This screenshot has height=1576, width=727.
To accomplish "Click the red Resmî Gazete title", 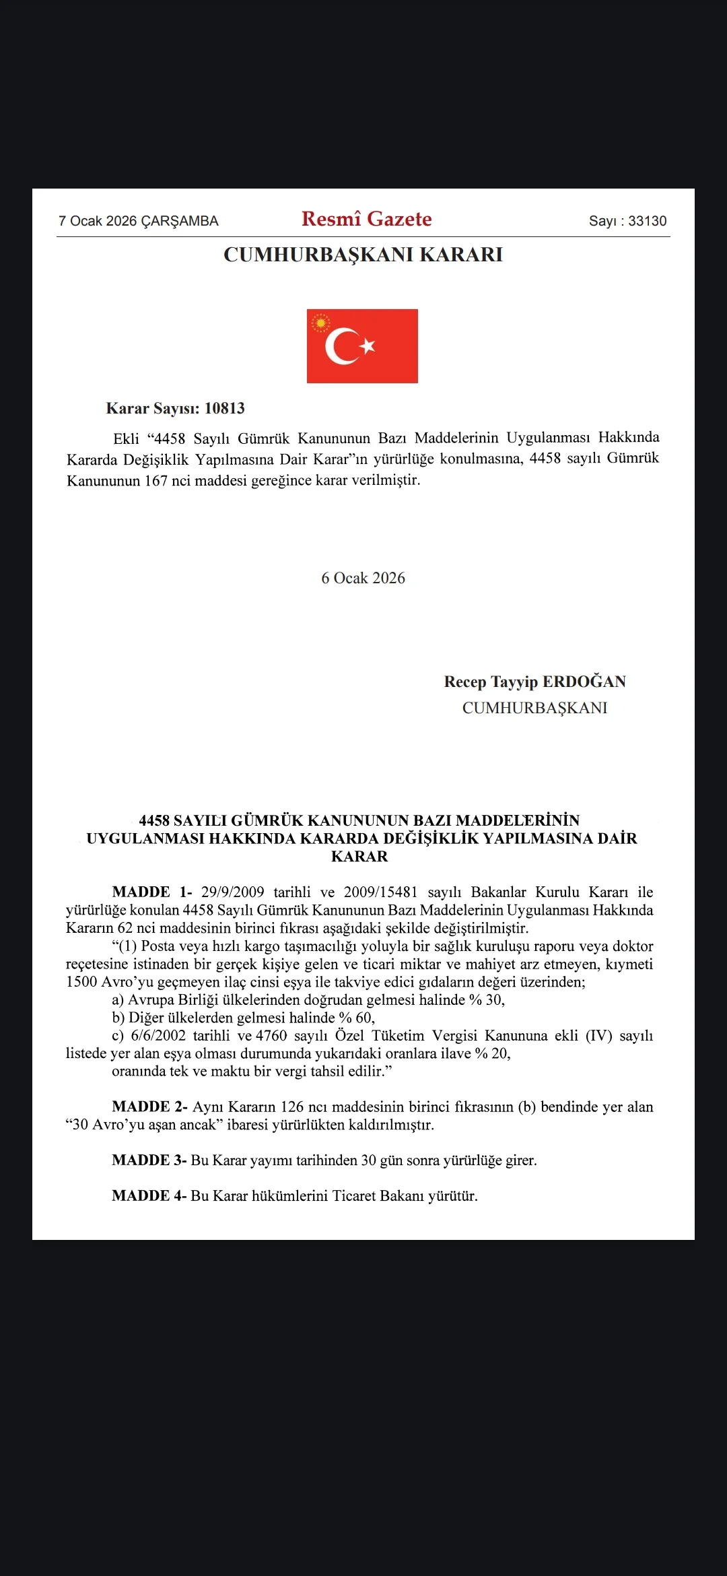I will [366, 219].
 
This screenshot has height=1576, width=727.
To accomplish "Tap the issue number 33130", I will [647, 221].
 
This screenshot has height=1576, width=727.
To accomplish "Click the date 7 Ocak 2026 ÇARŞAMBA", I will [139, 221].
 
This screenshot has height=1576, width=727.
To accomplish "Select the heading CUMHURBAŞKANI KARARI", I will [363, 255].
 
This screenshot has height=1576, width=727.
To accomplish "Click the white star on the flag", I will [368, 346].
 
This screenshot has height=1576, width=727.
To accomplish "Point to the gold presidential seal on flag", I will [320, 323].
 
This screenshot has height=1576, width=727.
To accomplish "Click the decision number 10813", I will [224, 408].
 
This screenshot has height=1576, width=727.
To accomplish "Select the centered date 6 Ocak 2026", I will [363, 578].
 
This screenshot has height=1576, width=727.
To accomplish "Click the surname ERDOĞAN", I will [584, 682].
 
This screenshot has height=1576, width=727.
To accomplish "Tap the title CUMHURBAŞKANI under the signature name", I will [534, 708].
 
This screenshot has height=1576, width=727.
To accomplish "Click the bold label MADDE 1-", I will [152, 892].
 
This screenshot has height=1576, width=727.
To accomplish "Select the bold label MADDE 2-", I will [149, 1107].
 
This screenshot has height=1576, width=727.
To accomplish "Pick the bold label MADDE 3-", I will [149, 1160].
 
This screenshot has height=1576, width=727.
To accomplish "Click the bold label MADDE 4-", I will [149, 1195].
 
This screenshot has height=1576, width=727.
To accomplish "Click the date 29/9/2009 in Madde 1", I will [232, 892].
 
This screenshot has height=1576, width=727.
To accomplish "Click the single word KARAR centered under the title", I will [359, 857].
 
